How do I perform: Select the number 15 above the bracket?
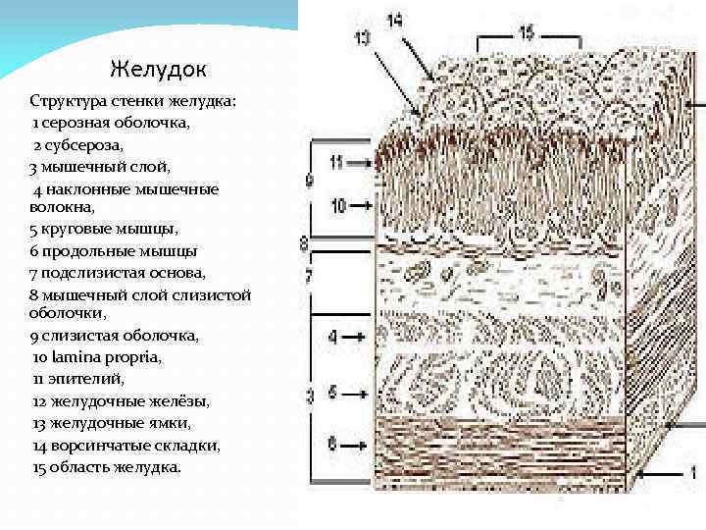coord(526,33)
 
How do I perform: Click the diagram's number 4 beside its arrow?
coord(332,337)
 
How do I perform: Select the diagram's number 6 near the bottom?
coord(332,445)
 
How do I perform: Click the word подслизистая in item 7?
coord(86,272)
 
